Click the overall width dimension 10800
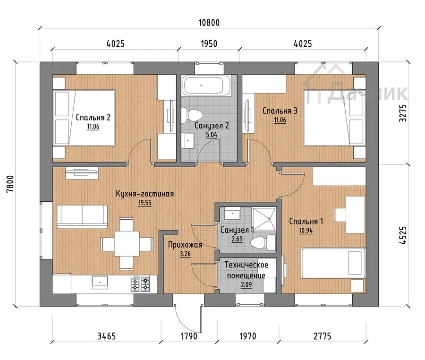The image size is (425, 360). (209, 23)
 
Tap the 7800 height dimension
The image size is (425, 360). (10, 184)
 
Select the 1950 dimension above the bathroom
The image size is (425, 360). (209, 43)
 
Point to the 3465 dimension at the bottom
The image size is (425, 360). (107, 336)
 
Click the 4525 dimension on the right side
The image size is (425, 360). (403, 236)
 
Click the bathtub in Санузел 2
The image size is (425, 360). (206, 86)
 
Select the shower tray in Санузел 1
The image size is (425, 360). (264, 219)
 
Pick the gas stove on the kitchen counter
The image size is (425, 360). (140, 284)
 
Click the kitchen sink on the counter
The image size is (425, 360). (100, 282)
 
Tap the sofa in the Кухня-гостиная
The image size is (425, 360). (82, 216)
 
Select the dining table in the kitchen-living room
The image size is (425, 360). (127, 243)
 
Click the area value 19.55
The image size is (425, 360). (145, 203)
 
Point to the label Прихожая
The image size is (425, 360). (185, 245)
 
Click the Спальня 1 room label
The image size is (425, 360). (306, 221)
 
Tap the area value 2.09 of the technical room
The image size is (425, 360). (246, 284)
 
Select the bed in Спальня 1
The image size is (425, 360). (333, 263)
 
